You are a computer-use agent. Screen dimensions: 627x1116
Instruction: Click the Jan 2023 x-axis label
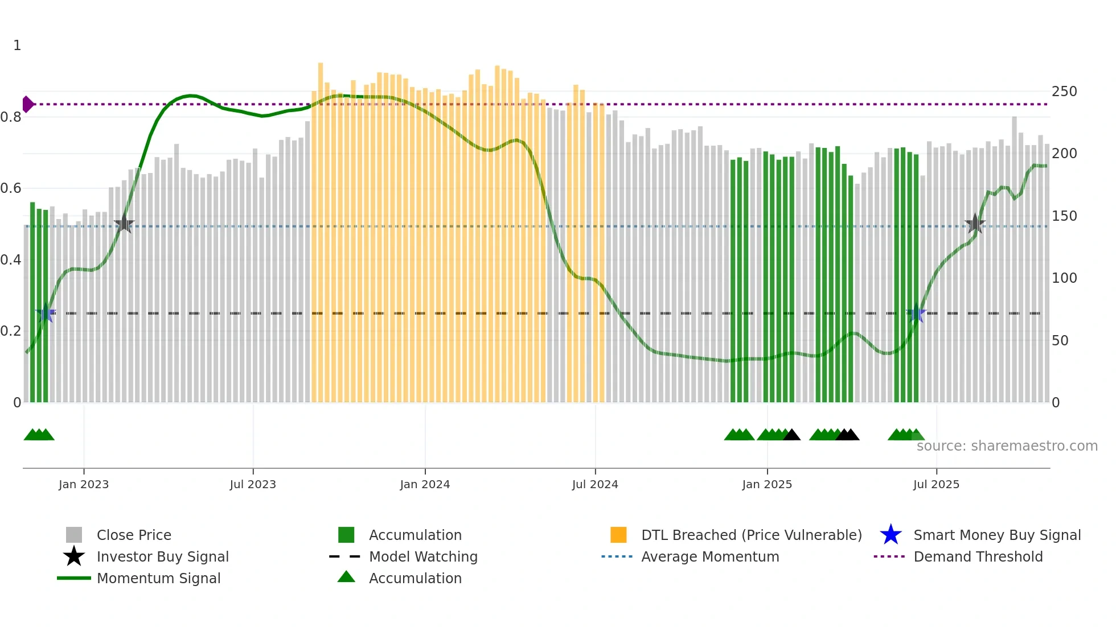[x=84, y=484]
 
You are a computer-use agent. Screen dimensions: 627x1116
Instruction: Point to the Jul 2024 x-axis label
[x=595, y=484]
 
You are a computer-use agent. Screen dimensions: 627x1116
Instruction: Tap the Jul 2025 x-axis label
[x=936, y=484]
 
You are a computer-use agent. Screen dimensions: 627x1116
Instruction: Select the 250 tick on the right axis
[x=1064, y=92]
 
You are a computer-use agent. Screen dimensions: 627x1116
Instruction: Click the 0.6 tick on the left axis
[x=11, y=188]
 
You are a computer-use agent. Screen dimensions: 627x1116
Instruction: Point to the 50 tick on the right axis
[x=1060, y=341]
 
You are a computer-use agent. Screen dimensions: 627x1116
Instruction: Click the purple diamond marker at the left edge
[x=27, y=104]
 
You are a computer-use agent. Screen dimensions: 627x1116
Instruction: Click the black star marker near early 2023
[x=124, y=224]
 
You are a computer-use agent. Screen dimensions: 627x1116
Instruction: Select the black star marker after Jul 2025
[x=975, y=224]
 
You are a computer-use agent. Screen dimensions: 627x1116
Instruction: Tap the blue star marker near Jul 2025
[x=916, y=313]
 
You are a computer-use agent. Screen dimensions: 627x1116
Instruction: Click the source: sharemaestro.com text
[x=1007, y=446]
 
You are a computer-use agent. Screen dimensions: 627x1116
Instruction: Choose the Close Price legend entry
[x=134, y=535]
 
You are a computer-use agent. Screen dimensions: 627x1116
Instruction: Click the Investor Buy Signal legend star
[x=74, y=556]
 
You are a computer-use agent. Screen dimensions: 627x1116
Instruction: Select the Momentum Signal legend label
[x=158, y=578]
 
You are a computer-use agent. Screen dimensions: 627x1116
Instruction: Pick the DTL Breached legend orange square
[x=618, y=535]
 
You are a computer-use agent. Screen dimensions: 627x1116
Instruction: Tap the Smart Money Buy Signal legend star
[x=891, y=535]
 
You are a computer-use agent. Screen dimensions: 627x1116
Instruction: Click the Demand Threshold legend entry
[x=978, y=556]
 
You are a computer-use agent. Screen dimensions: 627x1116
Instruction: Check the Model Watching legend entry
[x=423, y=556]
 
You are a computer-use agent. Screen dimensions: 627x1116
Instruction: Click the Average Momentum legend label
[x=710, y=556]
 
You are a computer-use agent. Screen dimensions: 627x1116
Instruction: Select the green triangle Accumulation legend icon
[x=346, y=577]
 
